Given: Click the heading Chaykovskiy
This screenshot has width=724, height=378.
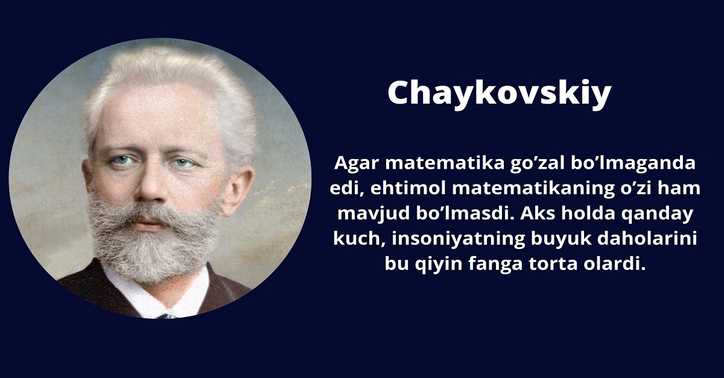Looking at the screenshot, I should [x=499, y=93].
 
